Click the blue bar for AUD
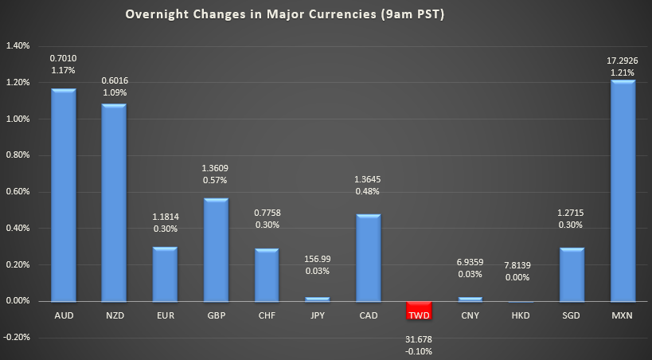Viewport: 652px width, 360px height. click(63, 195)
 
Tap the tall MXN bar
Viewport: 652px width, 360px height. click(623, 191)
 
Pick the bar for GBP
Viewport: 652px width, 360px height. click(216, 249)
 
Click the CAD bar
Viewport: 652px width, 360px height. click(367, 257)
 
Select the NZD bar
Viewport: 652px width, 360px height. click(114, 202)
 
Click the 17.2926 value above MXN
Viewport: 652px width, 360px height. click(623, 59)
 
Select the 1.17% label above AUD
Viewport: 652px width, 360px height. click(63, 71)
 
